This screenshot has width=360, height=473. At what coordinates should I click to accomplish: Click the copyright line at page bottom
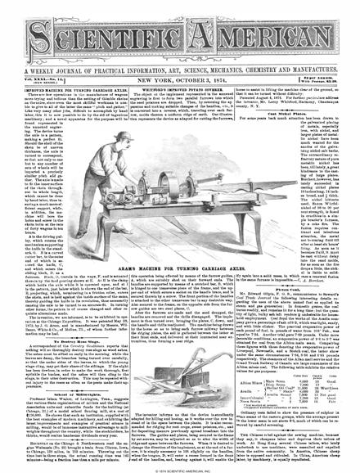click(x=179, y=467)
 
